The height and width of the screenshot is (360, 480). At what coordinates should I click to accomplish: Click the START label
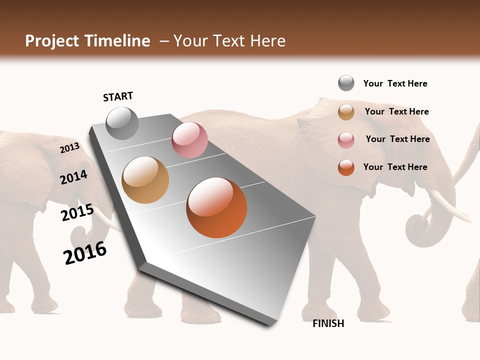pos(118,96)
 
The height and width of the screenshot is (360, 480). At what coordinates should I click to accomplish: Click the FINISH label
pos(328,323)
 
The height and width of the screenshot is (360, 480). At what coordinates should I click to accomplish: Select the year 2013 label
pos(69,148)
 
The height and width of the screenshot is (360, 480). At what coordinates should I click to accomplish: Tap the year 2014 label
pos(73,177)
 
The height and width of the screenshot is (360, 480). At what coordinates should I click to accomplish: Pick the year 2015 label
pos(77,212)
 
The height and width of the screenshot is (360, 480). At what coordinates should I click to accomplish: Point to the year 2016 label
pos(85,253)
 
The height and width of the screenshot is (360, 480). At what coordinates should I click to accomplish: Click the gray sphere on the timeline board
pos(122,123)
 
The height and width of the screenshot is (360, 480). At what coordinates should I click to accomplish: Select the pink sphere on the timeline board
pos(189,140)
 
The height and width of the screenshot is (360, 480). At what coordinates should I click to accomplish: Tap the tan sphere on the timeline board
pos(145,180)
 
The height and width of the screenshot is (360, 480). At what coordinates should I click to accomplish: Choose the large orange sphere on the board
pos(216,207)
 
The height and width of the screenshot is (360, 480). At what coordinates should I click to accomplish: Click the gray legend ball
pos(346,83)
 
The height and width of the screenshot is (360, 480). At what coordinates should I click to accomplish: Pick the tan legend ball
pos(346,112)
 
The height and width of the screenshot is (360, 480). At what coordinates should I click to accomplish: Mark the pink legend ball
pos(346,139)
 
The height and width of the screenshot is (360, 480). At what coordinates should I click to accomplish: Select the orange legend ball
pos(346,167)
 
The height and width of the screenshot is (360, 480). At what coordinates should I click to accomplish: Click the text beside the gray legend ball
pos(395,83)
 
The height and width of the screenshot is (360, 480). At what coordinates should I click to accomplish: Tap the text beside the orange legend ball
pos(395,167)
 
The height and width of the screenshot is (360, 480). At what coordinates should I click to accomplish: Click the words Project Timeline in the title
pos(87,41)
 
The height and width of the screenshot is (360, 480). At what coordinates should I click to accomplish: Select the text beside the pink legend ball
pos(397,139)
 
